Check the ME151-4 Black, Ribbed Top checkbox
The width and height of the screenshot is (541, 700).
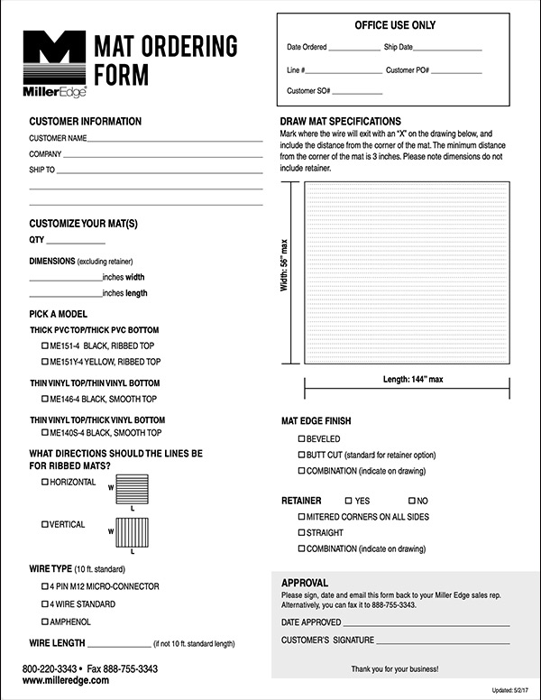tap(45, 345)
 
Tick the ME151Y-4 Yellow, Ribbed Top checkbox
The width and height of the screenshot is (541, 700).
tap(45, 362)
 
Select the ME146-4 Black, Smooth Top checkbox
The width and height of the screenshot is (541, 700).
tap(45, 399)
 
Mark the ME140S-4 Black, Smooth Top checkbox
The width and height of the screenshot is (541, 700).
tap(45, 433)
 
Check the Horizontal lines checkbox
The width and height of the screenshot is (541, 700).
tap(45, 483)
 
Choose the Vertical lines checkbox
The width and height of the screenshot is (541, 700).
tap(45, 524)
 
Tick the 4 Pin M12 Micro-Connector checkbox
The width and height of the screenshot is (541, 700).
tap(45, 586)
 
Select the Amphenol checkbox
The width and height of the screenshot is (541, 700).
tap(45, 622)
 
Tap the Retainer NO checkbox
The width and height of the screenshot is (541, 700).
tap(411, 500)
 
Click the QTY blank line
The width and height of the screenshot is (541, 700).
tap(76, 242)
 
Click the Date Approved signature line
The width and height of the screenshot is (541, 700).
tap(426, 623)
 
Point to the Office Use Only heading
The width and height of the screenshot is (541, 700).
tap(395, 25)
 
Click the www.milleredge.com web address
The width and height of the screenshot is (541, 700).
tap(66, 681)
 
